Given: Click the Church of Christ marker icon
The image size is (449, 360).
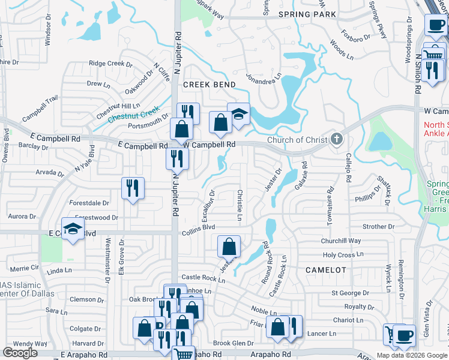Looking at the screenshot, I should pyautogui.click(x=337, y=140).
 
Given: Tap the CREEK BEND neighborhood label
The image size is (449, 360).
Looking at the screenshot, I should pyautogui.click(x=209, y=85).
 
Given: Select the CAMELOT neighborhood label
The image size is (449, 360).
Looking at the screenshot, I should pyautogui.click(x=326, y=270).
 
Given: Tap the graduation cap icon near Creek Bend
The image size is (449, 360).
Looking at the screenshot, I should pyautogui.click(x=238, y=113).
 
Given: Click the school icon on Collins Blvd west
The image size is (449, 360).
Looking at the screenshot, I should pyautogui.click(x=73, y=230).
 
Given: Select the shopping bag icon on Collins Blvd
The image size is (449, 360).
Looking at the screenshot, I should pyautogui.click(x=229, y=246).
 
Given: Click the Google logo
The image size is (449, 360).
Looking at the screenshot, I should pyautogui.click(x=20, y=353).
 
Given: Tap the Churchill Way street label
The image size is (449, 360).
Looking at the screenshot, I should pyautogui.click(x=341, y=241).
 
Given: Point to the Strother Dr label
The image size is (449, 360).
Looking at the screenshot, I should pyautogui.click(x=379, y=227).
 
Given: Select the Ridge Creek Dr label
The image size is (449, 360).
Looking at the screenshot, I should pyautogui.click(x=110, y=63).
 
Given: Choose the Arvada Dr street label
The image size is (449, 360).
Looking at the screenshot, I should pyautogui.click(x=49, y=173).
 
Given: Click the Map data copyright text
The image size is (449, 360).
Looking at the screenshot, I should pyautogui.click(x=412, y=355).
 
